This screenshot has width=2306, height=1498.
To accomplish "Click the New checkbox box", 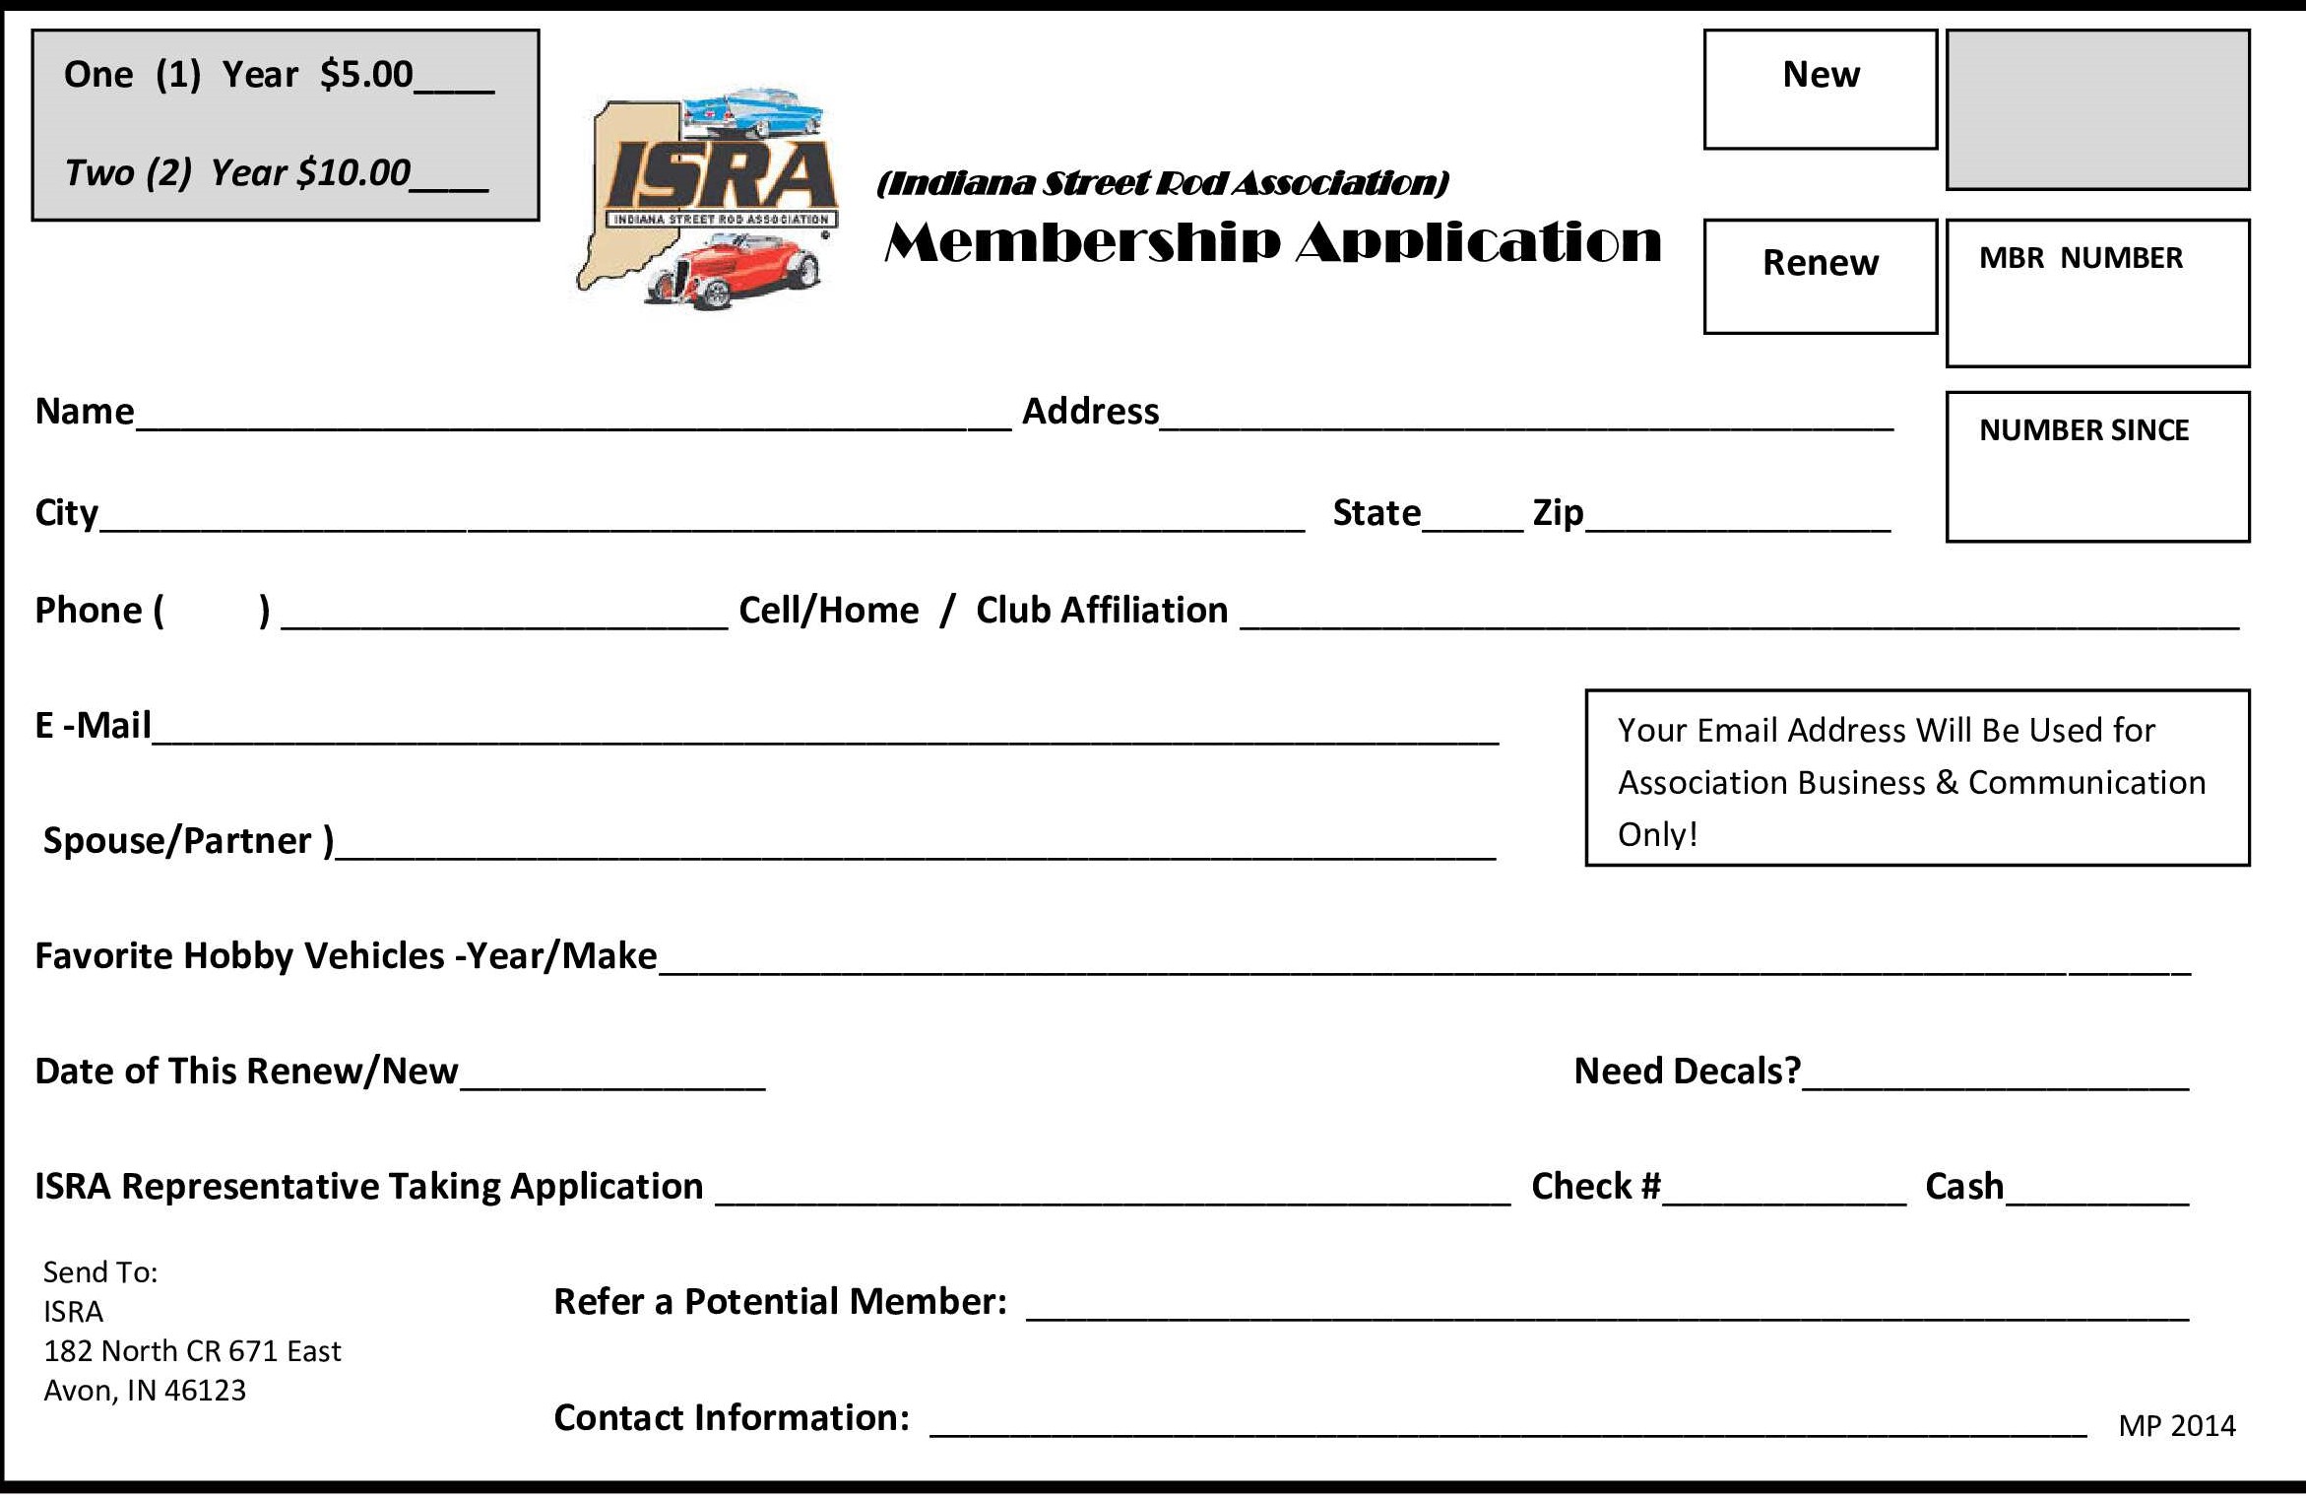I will [x=1820, y=90].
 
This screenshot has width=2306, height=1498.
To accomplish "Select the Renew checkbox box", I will [x=1820, y=277].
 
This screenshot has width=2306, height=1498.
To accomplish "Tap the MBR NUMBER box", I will [x=2097, y=293].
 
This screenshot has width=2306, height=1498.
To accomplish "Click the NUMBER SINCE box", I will [x=2097, y=467].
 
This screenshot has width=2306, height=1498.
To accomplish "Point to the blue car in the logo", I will [x=753, y=114].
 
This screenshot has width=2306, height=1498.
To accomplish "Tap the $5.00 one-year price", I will [x=366, y=75].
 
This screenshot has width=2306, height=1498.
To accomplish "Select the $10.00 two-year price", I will [x=352, y=173].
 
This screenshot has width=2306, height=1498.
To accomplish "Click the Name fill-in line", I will [x=571, y=419].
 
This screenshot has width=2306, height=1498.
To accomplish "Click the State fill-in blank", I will [x=1472, y=521].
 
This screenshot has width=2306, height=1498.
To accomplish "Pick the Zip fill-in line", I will [x=1737, y=521].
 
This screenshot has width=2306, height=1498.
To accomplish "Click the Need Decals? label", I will [x=1687, y=1072].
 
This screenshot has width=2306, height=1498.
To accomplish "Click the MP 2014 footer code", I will [x=2176, y=1426].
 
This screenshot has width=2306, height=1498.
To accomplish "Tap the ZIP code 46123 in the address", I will [x=205, y=1391].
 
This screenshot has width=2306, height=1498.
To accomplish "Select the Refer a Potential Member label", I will [x=780, y=1302].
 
